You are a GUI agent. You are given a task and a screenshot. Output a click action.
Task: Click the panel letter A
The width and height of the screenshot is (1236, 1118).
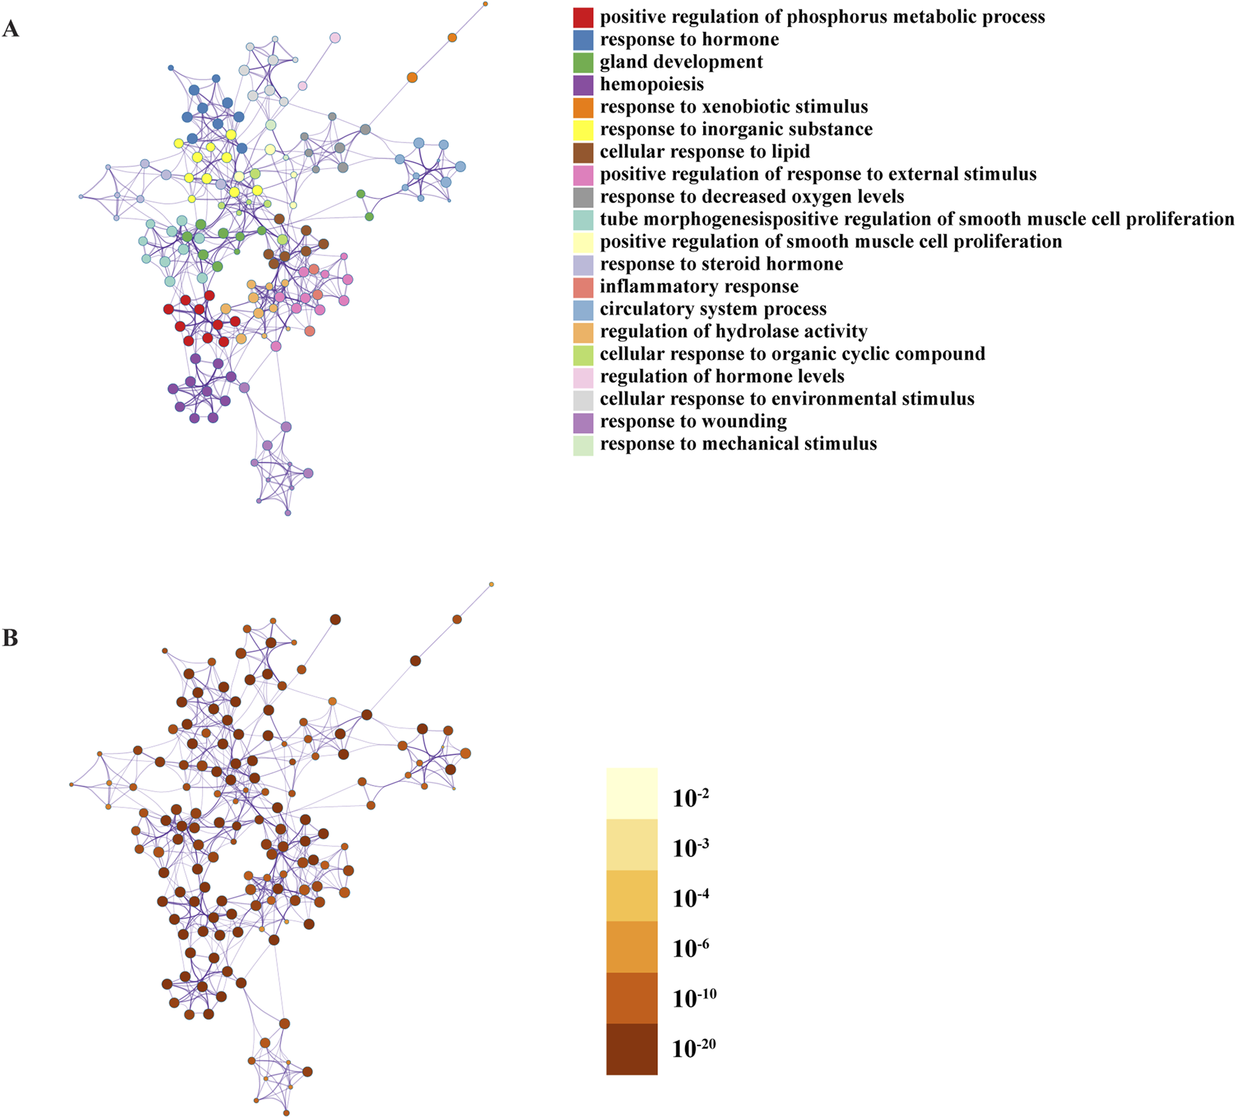coord(10,29)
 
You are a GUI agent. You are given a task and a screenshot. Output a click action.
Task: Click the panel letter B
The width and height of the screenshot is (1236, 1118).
coord(10,637)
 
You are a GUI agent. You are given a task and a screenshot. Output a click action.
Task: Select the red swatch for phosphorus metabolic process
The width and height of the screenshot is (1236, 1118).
coord(583,17)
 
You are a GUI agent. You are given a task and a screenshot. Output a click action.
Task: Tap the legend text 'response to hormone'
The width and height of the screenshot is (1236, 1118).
coord(689,40)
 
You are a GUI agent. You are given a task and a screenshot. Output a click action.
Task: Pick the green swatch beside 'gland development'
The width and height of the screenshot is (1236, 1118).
coord(583,62)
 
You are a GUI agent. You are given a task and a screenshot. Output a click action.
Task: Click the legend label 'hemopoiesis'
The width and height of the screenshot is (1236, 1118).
coord(651,84)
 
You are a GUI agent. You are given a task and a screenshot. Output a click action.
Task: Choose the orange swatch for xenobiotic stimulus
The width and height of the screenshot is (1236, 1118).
coord(583,107)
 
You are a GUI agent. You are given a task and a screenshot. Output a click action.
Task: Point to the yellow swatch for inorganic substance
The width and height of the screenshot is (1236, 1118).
coord(583,130)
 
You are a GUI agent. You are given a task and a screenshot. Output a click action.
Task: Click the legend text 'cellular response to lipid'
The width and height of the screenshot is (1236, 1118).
coord(704,152)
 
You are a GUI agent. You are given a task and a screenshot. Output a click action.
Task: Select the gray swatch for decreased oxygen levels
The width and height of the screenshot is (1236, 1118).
coord(583,197)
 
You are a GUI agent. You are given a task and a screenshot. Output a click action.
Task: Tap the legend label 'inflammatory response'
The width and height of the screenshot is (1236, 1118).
coord(699,287)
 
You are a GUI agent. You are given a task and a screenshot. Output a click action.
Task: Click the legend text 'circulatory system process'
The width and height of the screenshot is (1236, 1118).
coord(713,309)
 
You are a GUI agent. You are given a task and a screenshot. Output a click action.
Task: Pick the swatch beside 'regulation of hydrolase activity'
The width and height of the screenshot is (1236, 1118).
coord(583,332)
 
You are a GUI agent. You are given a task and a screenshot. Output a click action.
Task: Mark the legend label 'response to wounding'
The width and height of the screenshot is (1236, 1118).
coord(693,422)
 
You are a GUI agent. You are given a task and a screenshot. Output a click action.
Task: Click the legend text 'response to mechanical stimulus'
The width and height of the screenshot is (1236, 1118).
coord(738,444)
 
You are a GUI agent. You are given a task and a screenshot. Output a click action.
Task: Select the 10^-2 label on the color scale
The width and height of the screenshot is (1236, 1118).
coord(691,797)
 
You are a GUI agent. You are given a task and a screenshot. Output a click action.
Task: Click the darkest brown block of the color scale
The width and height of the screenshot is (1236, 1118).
coord(632,1049)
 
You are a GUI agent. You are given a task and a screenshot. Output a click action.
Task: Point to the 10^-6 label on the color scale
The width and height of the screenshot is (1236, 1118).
coord(691,948)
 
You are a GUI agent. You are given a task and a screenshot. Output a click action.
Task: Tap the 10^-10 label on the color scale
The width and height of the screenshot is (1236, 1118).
coord(694,998)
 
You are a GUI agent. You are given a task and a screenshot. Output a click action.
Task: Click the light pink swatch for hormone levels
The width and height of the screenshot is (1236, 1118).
coord(583,377)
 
